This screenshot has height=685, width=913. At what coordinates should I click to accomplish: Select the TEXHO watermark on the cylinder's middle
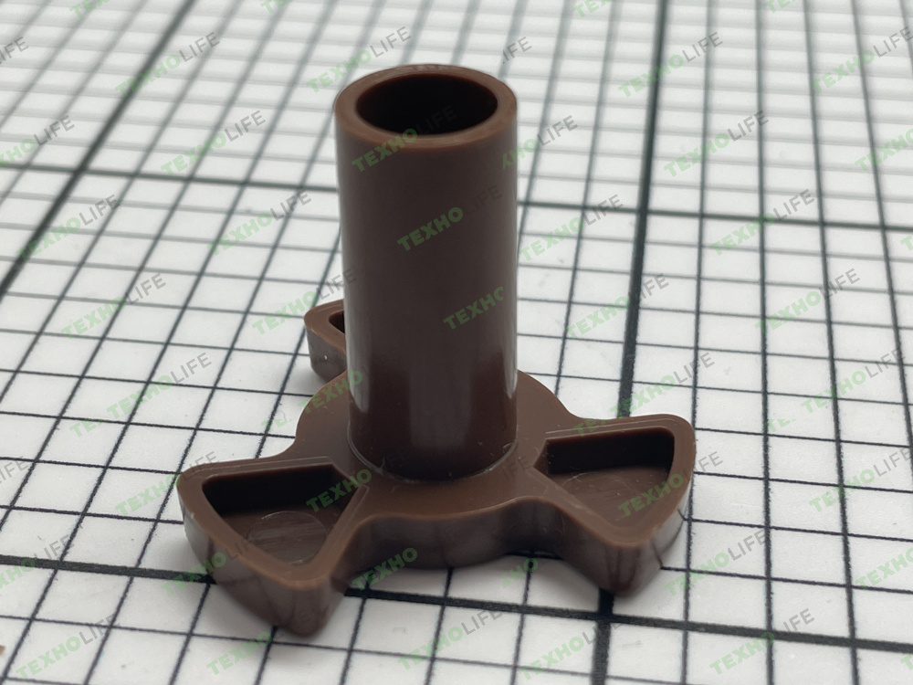(430, 227)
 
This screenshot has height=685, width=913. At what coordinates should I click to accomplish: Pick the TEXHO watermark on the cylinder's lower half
(474, 308)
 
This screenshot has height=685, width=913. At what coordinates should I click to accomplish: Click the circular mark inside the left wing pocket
(288, 534)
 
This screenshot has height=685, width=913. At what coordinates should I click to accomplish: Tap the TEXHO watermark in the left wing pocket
(339, 493)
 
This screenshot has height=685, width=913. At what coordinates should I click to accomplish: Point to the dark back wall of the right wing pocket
(605, 449)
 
